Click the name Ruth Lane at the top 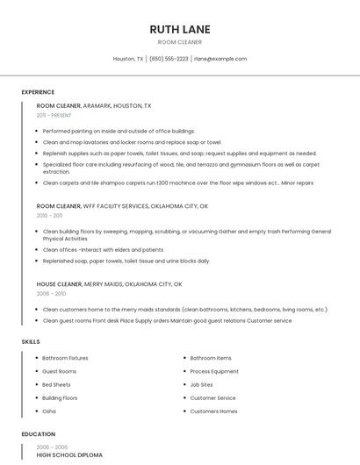tap(179, 29)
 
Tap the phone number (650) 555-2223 tap(169, 59)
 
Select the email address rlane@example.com tap(220, 59)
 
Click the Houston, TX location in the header tap(128, 59)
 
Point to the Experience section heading tap(38, 92)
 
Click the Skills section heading tap(31, 341)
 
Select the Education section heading tap(38, 434)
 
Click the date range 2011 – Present tap(54, 115)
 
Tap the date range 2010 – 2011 tap(49, 215)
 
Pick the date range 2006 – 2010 tap(51, 293)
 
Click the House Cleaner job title tap(59, 284)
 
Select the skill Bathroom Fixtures tap(65, 358)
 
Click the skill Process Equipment tap(214, 371)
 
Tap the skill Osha tap(49, 411)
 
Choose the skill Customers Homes tap(213, 411)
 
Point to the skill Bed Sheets tap(56, 384)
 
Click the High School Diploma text tap(69, 455)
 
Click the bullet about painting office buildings tap(119, 131)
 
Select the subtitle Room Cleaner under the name tap(179, 42)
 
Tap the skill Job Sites tap(201, 384)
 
